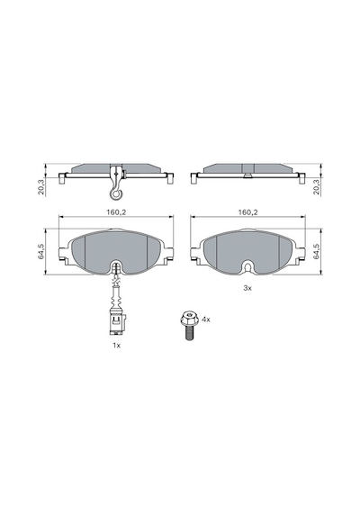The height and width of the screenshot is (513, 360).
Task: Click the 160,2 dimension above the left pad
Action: (x=116, y=212)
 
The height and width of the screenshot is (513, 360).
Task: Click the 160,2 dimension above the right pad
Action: (x=247, y=212)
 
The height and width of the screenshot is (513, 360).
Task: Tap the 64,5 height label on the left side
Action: (x=40, y=251)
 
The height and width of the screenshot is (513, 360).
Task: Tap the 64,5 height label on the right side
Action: (x=316, y=251)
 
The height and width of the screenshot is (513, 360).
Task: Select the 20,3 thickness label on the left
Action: (x=40, y=187)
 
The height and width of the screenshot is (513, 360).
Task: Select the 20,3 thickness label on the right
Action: (x=316, y=187)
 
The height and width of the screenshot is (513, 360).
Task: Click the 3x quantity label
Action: (x=247, y=288)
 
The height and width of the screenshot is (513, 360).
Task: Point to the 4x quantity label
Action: (x=206, y=319)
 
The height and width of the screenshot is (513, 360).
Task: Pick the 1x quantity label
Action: (x=116, y=346)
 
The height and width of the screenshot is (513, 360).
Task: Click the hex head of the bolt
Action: (x=188, y=318)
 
